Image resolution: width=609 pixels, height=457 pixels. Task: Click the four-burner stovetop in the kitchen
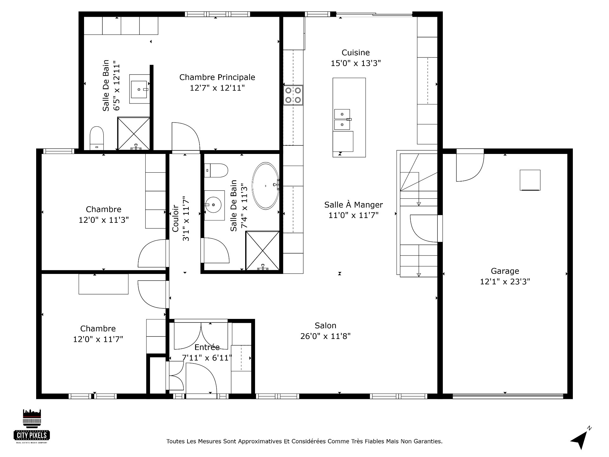pos(293,95)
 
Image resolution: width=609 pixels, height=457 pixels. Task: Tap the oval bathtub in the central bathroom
pos(265,186)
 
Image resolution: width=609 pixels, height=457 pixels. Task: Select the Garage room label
pos(505,271)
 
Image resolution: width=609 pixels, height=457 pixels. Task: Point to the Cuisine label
pos(356,52)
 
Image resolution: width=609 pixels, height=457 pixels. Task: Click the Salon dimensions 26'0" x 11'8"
pos(325,336)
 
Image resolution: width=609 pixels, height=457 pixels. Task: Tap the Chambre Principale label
pos(217,77)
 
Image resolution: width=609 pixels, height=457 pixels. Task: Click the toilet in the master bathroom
pos(97,138)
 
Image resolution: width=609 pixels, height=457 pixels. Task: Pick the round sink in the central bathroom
pos(214,205)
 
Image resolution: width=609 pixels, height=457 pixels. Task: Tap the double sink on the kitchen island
pos(342,119)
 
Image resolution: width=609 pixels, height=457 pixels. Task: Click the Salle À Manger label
pos(353,205)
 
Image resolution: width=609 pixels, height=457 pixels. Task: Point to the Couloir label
pos(175,218)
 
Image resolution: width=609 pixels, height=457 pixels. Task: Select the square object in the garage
pos(530,180)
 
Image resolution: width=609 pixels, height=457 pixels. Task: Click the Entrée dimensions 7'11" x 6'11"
pos(207,358)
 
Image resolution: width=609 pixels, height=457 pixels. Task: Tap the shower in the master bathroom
pos(134,133)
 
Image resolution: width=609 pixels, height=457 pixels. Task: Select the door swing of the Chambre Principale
pos(186,136)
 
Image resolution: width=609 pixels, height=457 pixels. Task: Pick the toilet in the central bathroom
pos(216,170)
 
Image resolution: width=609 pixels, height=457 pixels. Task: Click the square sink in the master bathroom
pos(140,89)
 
